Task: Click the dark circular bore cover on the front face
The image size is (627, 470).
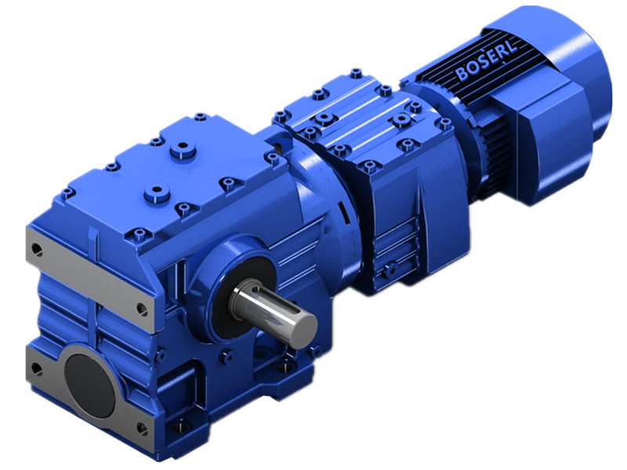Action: [x=88, y=374]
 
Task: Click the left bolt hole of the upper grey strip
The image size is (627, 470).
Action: [x=36, y=249]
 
